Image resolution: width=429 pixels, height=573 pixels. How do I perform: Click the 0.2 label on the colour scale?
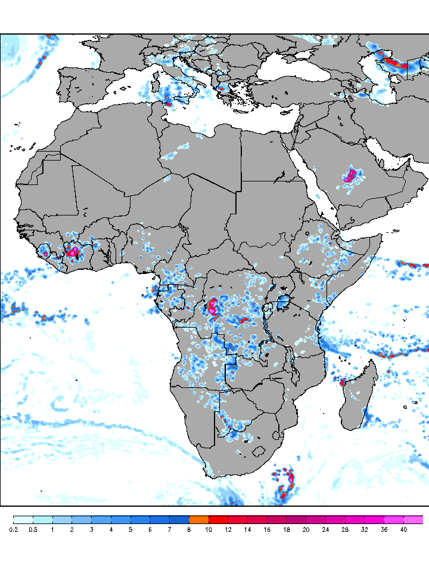click(13, 529)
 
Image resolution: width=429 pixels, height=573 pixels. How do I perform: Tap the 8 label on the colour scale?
click(189, 529)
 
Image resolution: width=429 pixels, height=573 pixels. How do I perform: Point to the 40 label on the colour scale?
click(403, 529)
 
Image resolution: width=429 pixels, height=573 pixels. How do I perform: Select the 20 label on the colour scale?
click(306, 529)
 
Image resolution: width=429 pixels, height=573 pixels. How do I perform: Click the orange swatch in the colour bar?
click(198, 519)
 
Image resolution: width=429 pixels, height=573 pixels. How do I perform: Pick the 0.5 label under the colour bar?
click(33, 529)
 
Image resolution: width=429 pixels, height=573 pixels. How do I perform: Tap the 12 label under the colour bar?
click(228, 529)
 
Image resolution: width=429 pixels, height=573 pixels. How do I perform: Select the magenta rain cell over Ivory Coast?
click(73, 252)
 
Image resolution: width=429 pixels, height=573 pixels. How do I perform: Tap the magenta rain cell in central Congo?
click(212, 307)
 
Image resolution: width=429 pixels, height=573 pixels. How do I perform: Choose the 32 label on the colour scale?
click(365, 529)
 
